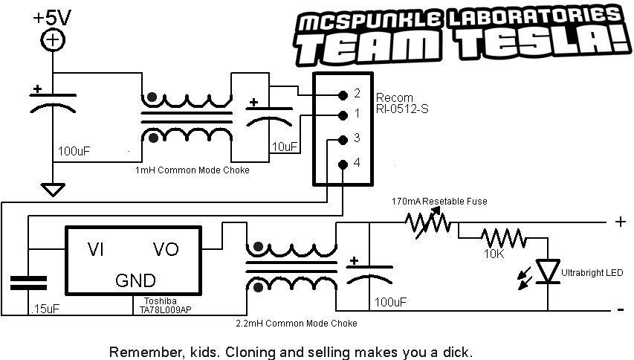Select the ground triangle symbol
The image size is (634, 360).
coord(52,190)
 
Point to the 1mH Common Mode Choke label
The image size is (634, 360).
coord(192,170)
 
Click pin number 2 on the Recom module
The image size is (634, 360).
coord(358,94)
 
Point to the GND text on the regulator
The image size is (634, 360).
coord(135,281)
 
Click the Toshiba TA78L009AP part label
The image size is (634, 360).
coord(165,305)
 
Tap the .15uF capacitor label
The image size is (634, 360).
coord(42,307)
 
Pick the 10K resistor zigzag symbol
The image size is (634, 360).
coord(502,239)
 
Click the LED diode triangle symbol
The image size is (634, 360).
coord(549,271)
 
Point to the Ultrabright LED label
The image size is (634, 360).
coord(592,273)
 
